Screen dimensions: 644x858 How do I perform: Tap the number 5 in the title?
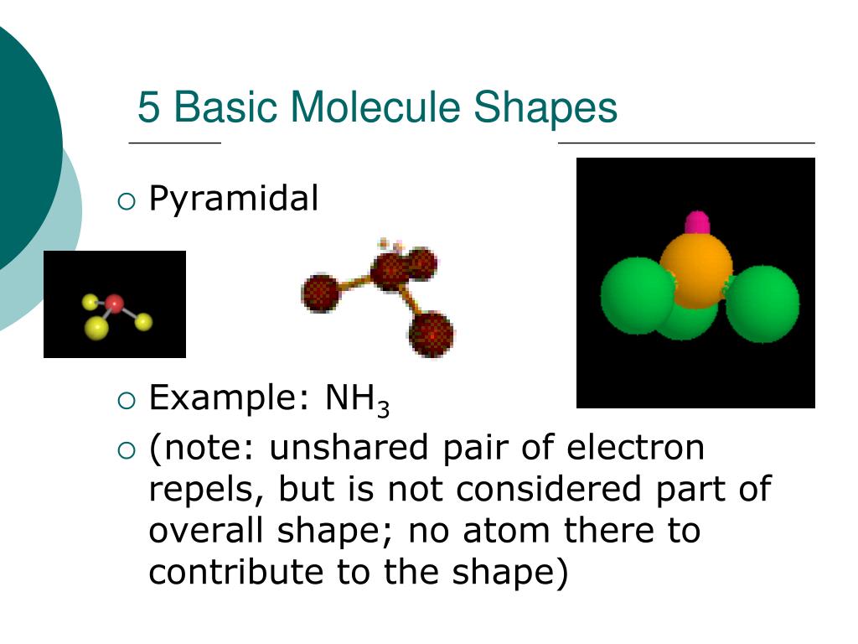147,108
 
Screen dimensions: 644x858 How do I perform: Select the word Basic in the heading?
222,108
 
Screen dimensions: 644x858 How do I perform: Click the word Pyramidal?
233,200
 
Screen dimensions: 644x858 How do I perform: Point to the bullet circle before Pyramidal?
127,200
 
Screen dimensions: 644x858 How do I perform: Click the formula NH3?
357,399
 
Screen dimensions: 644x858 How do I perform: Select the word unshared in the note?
347,448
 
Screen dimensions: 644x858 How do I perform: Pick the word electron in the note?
637,448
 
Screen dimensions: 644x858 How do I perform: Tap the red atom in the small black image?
115,303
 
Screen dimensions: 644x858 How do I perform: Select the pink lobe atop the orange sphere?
697,223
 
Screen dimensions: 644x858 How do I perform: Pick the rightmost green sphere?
762,303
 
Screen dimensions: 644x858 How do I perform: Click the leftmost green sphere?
637,296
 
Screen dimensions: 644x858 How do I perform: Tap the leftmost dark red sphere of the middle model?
320,293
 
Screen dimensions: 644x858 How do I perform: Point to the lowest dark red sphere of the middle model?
431,333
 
